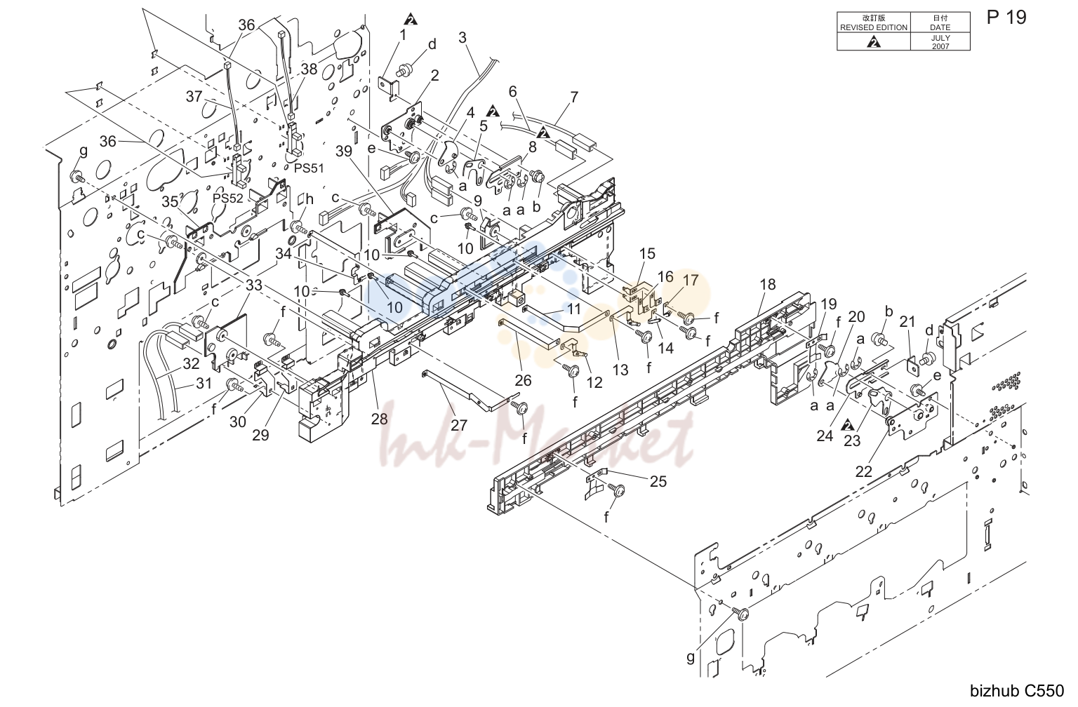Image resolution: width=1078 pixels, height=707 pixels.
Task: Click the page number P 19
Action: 1006,18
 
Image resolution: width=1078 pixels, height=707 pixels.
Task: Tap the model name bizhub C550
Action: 1016,691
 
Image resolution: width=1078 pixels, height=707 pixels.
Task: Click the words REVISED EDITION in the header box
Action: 874,27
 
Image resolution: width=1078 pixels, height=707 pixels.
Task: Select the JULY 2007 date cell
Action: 940,42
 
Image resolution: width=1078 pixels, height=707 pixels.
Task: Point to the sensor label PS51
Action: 309,168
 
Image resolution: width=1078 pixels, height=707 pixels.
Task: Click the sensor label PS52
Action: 228,198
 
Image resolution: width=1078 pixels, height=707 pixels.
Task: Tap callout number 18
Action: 768,284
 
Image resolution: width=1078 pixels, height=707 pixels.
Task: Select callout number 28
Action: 379,419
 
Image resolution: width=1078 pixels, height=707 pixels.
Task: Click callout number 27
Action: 459,425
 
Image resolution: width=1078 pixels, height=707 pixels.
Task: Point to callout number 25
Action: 658,481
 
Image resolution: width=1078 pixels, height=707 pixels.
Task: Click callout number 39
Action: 344,151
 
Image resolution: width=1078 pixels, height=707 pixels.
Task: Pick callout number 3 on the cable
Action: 463,37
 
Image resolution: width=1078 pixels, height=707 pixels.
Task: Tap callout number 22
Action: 864,472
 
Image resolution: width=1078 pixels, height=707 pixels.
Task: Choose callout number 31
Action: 204,383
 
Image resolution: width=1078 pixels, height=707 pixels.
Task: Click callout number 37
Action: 194,97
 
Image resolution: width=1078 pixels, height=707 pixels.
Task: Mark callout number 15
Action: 647,253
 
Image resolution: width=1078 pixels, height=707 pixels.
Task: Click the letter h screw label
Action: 310,199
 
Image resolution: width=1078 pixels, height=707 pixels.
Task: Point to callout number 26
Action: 523,380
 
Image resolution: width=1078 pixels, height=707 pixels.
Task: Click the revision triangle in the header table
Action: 874,42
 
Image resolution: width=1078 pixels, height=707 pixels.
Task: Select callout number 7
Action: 573,97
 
